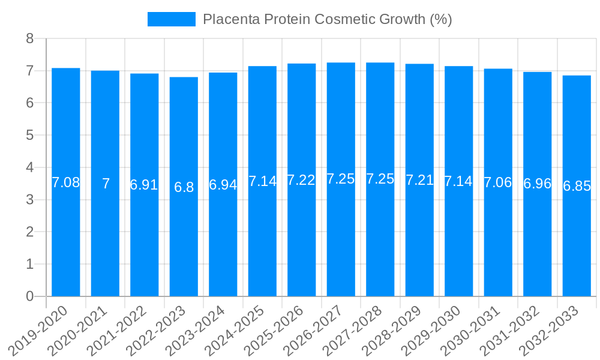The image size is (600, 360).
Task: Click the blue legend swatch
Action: (172, 19)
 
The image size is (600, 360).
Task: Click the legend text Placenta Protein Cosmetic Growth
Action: (327, 19)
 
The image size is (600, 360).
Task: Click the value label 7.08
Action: (66, 182)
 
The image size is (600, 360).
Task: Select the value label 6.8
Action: (184, 187)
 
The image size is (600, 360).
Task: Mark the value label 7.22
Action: (301, 180)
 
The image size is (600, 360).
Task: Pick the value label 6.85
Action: (577, 186)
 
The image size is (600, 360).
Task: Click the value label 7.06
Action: (498, 182)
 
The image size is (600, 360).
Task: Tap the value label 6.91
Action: (144, 185)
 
